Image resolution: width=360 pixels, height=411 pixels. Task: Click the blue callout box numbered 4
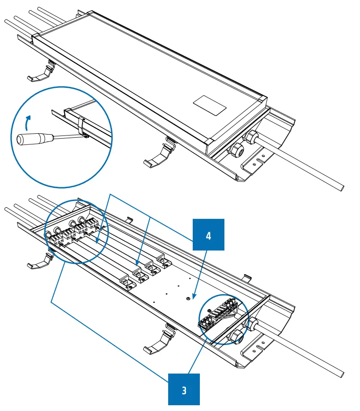(x=208, y=234)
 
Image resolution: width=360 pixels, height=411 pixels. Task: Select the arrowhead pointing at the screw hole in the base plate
(x=192, y=295)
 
